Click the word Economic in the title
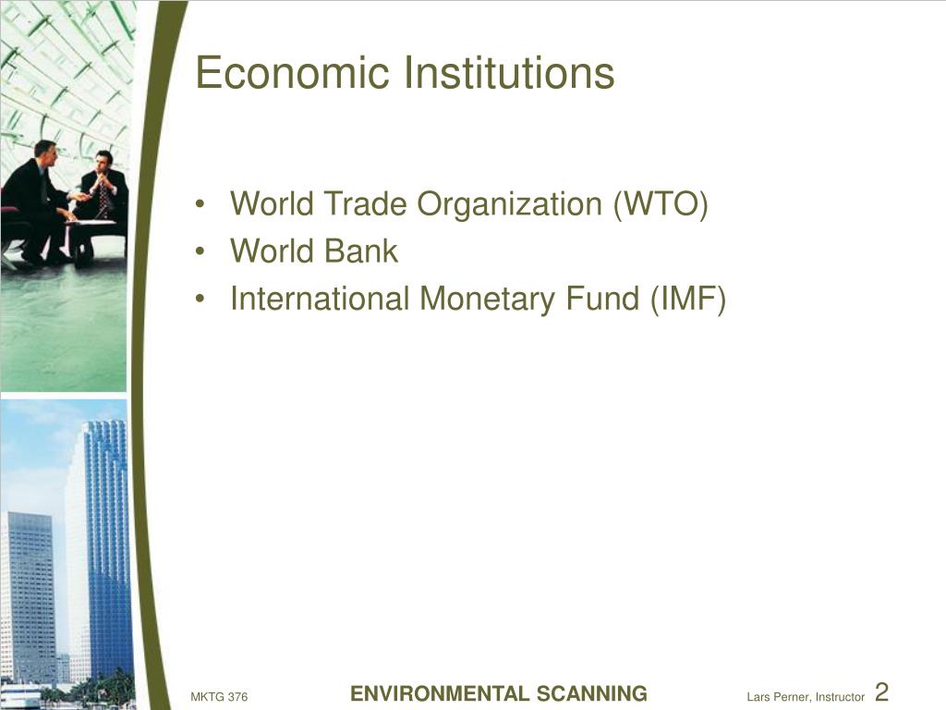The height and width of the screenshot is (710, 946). pos(292,72)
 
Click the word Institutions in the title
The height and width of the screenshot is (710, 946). pos(509,72)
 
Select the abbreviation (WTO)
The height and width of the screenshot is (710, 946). pos(661,204)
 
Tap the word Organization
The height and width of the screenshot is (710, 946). pos(510,204)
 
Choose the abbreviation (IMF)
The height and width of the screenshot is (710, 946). pos(687,300)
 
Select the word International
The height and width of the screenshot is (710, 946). pos(320,299)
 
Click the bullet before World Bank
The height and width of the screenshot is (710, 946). pos(200,251)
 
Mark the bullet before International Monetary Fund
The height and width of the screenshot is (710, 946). pos(200,300)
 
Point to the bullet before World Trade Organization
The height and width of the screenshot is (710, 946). pos(200,204)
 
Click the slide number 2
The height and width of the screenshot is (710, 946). pos(881,692)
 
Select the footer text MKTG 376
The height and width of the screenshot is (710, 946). pos(219,697)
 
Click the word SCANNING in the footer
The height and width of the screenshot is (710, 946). pos(584,693)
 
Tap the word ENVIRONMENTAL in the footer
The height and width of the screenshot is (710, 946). pos(431,693)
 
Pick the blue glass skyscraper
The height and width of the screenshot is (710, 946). pos(106,544)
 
